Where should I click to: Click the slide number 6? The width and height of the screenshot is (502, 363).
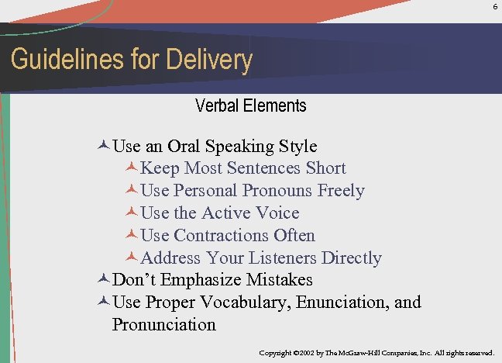[494, 6]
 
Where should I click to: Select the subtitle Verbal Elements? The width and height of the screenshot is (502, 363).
[251, 105]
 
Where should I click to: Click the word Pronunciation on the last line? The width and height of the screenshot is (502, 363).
[164, 324]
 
